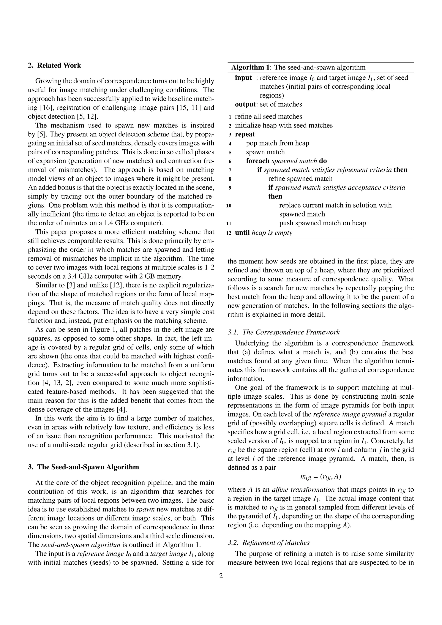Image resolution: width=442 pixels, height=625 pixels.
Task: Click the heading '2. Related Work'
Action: (x=54, y=65)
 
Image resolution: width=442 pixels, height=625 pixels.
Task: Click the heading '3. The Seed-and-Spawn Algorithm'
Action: (x=83, y=467)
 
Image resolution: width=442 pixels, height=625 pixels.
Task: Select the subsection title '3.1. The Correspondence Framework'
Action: (x=283, y=332)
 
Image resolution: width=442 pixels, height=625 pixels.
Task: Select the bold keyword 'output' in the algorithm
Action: (x=245, y=104)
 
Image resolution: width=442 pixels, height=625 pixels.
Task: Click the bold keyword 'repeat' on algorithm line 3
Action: (x=245, y=134)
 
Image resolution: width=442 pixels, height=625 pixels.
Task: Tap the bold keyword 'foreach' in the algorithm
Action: (x=257, y=161)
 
